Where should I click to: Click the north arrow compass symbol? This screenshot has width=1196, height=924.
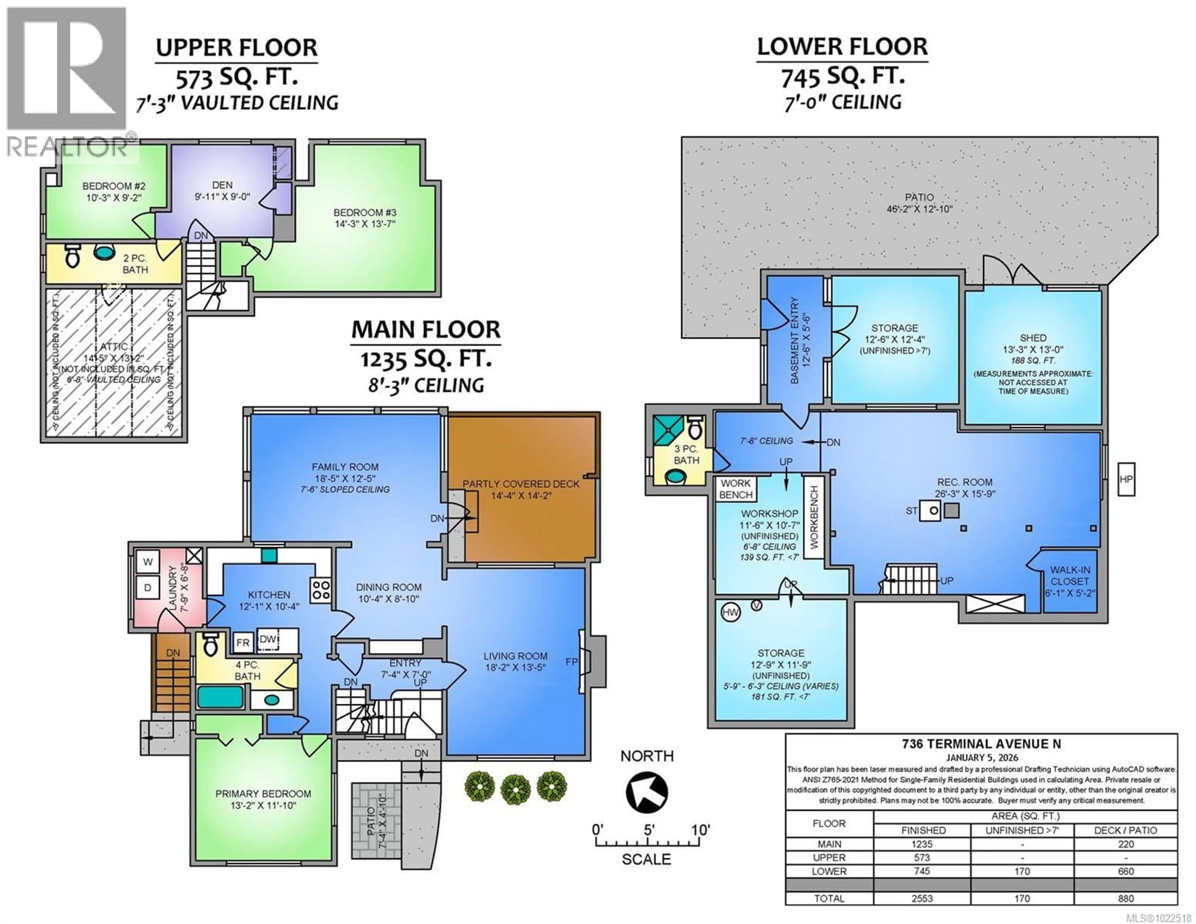click(x=646, y=792)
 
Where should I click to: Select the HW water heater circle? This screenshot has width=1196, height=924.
click(x=730, y=612)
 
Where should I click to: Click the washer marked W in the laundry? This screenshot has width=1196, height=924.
click(x=147, y=562)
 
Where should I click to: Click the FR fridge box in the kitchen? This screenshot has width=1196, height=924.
click(x=243, y=642)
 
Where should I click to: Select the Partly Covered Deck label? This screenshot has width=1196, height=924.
click(x=521, y=490)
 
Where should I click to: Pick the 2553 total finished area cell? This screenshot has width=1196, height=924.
click(x=922, y=898)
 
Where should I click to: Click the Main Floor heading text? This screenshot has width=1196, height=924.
click(x=425, y=330)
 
